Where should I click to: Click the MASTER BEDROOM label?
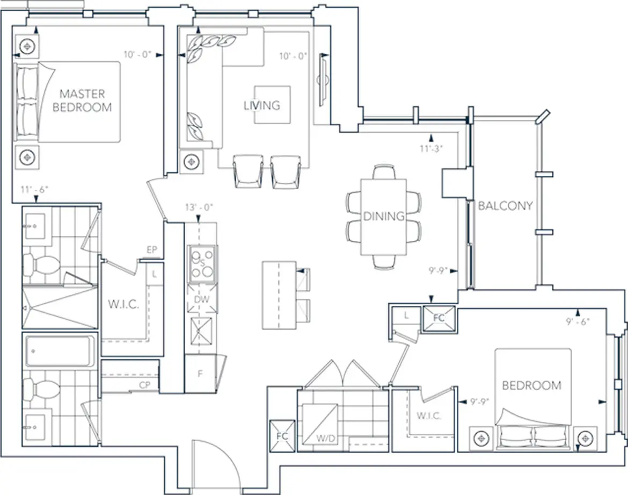click(x=82, y=101)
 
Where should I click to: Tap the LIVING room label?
click(x=262, y=105)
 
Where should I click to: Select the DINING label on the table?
click(x=384, y=216)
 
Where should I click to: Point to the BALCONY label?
click(x=506, y=206)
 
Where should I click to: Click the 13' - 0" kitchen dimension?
click(x=199, y=207)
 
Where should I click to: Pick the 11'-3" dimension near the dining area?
click(x=431, y=148)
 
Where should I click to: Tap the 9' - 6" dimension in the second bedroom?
click(x=578, y=321)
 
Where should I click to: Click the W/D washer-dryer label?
click(x=326, y=439)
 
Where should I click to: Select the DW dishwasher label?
click(x=202, y=300)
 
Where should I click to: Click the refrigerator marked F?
click(x=200, y=374)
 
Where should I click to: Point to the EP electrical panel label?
click(x=152, y=250)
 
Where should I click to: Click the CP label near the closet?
click(x=144, y=385)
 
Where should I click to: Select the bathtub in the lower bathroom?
click(x=60, y=351)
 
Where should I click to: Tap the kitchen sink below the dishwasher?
click(x=201, y=331)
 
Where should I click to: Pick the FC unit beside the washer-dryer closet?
click(x=282, y=436)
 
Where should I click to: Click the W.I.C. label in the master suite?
click(x=124, y=304)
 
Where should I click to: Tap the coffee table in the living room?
click(x=272, y=105)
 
